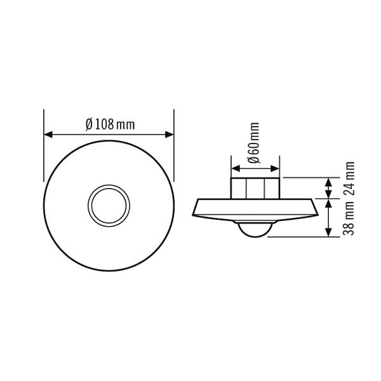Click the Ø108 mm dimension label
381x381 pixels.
(110, 124)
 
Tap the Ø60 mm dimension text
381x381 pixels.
(254, 143)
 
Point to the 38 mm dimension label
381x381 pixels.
(349, 218)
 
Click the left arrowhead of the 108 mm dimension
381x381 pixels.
(48, 135)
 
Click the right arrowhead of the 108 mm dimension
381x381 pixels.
(170, 135)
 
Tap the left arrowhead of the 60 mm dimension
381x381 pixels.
(236, 169)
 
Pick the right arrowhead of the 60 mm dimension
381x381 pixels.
(275, 169)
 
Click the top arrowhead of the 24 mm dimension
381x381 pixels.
(328, 182)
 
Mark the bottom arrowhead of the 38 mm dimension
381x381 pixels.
(328, 232)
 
